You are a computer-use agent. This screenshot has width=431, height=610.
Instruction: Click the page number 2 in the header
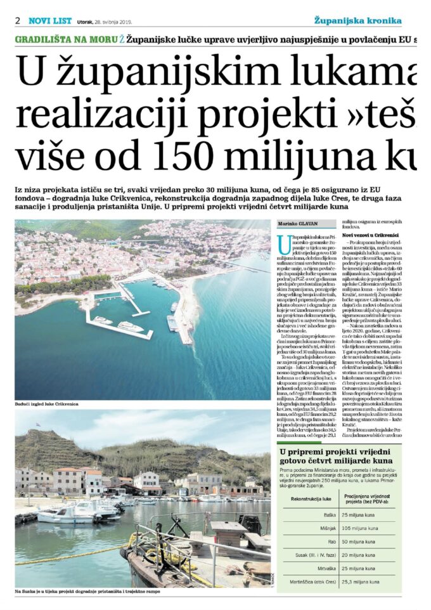pos(18,20)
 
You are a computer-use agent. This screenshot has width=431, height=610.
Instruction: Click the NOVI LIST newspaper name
pos(50,20)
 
